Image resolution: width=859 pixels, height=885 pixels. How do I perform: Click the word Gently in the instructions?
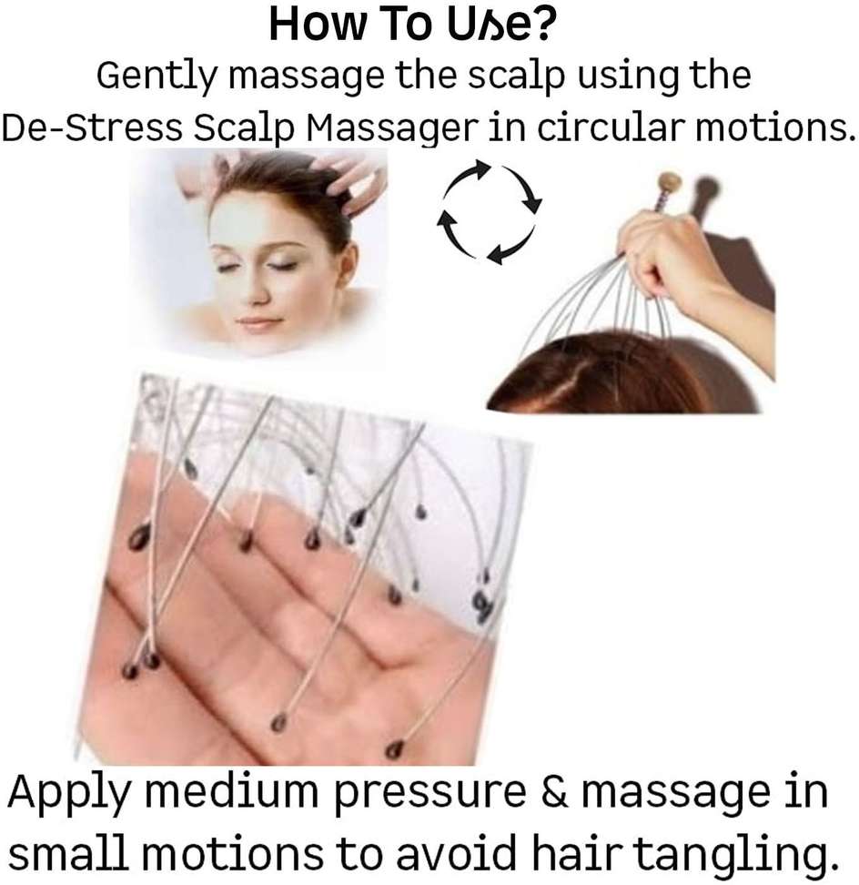click(157, 76)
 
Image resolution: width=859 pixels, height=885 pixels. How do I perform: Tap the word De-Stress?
click(92, 128)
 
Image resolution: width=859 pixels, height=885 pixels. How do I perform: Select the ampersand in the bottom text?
click(554, 791)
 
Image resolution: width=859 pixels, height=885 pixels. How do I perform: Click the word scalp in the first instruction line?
click(516, 76)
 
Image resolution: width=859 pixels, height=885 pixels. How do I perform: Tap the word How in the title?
click(318, 24)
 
